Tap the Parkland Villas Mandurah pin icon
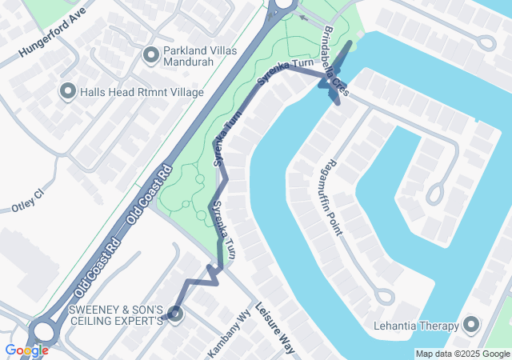click(150, 54)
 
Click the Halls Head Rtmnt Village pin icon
click(67, 91)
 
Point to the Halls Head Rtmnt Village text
click(142, 92)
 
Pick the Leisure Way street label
click(274, 328)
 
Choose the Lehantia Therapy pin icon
click(471, 325)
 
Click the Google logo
click(26, 350)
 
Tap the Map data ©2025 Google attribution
click(462, 354)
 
